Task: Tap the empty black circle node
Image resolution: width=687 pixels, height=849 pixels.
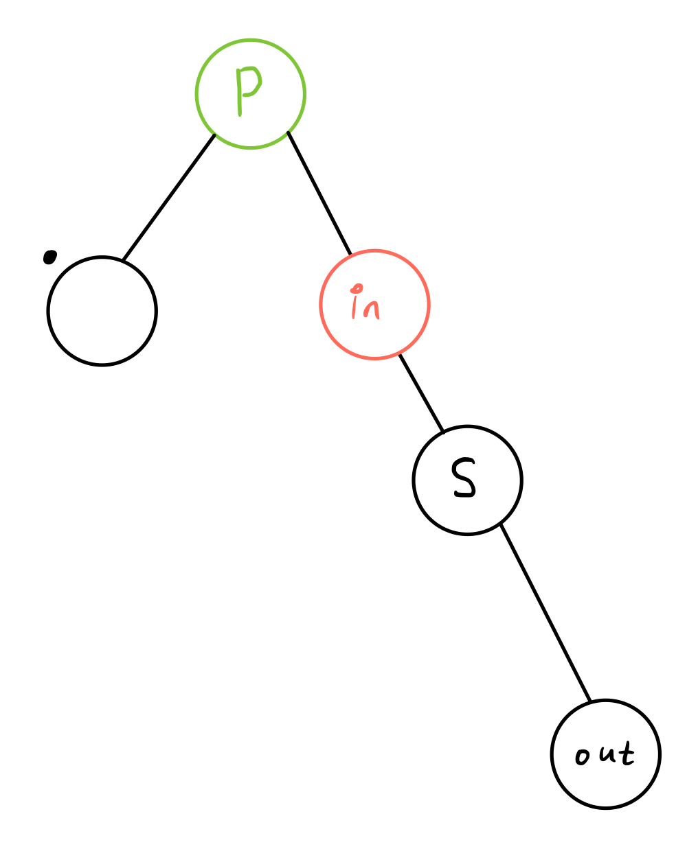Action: pyautogui.click(x=102, y=311)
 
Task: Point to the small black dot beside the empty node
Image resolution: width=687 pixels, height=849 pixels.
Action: pyautogui.click(x=49, y=257)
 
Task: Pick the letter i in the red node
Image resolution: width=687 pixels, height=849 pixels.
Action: pyautogui.click(x=355, y=305)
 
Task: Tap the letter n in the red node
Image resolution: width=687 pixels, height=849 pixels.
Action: pyautogui.click(x=372, y=310)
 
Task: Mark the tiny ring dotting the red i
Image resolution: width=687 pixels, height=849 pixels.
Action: pyautogui.click(x=356, y=289)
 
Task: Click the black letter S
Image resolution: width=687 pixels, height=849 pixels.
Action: pyautogui.click(x=463, y=478)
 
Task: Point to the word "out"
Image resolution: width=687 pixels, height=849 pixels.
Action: pyautogui.click(x=605, y=754)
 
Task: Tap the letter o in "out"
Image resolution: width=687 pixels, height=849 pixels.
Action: pyautogui.click(x=583, y=757)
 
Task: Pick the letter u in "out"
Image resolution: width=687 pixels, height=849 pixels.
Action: pyautogui.click(x=606, y=754)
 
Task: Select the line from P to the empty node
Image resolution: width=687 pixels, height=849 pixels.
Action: pyautogui.click(x=168, y=198)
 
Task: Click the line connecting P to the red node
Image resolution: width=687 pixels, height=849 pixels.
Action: pyautogui.click(x=319, y=193)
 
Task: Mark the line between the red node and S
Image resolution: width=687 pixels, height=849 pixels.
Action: pyautogui.click(x=421, y=393)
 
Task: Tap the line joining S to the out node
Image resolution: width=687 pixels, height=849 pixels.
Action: pyautogui.click(x=545, y=612)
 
